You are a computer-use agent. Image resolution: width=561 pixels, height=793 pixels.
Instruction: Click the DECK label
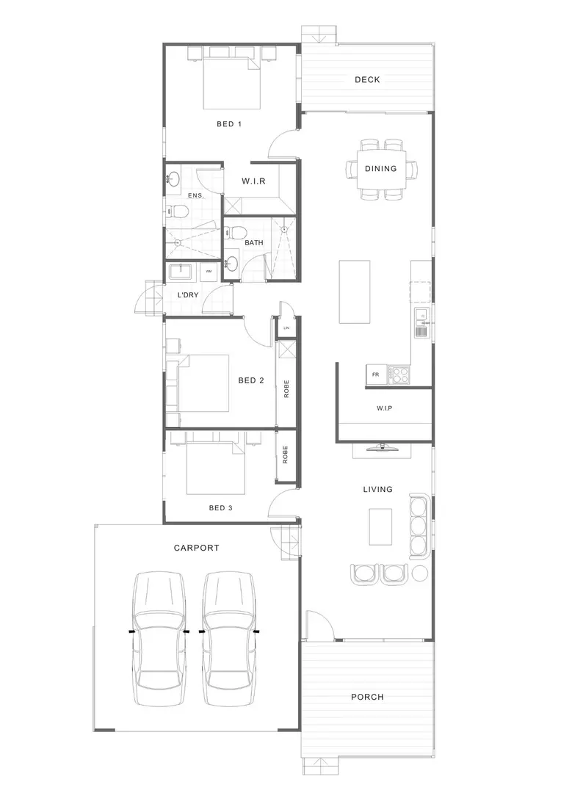click(x=367, y=80)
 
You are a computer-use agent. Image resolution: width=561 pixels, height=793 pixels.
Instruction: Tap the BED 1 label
click(x=229, y=124)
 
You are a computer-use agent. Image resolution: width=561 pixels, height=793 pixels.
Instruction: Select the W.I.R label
click(x=254, y=181)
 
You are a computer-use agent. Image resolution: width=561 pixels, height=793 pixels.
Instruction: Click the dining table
click(x=380, y=168)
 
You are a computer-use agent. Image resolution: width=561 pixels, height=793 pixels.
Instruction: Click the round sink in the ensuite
click(x=173, y=178)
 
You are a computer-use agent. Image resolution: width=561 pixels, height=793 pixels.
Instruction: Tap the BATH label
click(x=254, y=242)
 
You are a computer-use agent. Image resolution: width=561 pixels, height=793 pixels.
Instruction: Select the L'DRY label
click(x=189, y=295)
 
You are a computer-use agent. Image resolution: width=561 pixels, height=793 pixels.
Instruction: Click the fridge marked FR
click(x=376, y=374)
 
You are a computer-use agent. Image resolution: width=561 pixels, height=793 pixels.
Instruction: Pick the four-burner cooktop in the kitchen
click(x=400, y=374)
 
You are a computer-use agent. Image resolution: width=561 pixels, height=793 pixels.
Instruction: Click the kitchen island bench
click(x=354, y=292)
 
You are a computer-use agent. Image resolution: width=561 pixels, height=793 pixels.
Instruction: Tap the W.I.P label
click(x=384, y=408)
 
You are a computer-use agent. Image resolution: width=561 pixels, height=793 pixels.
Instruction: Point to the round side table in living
click(x=420, y=573)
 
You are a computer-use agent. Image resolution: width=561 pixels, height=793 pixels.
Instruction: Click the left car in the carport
click(x=159, y=630)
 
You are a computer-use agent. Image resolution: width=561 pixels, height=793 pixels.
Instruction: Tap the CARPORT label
click(x=196, y=548)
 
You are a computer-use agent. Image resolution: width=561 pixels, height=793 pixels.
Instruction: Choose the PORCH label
click(x=367, y=697)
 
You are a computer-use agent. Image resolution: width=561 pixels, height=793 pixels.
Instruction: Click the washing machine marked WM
click(x=209, y=272)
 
